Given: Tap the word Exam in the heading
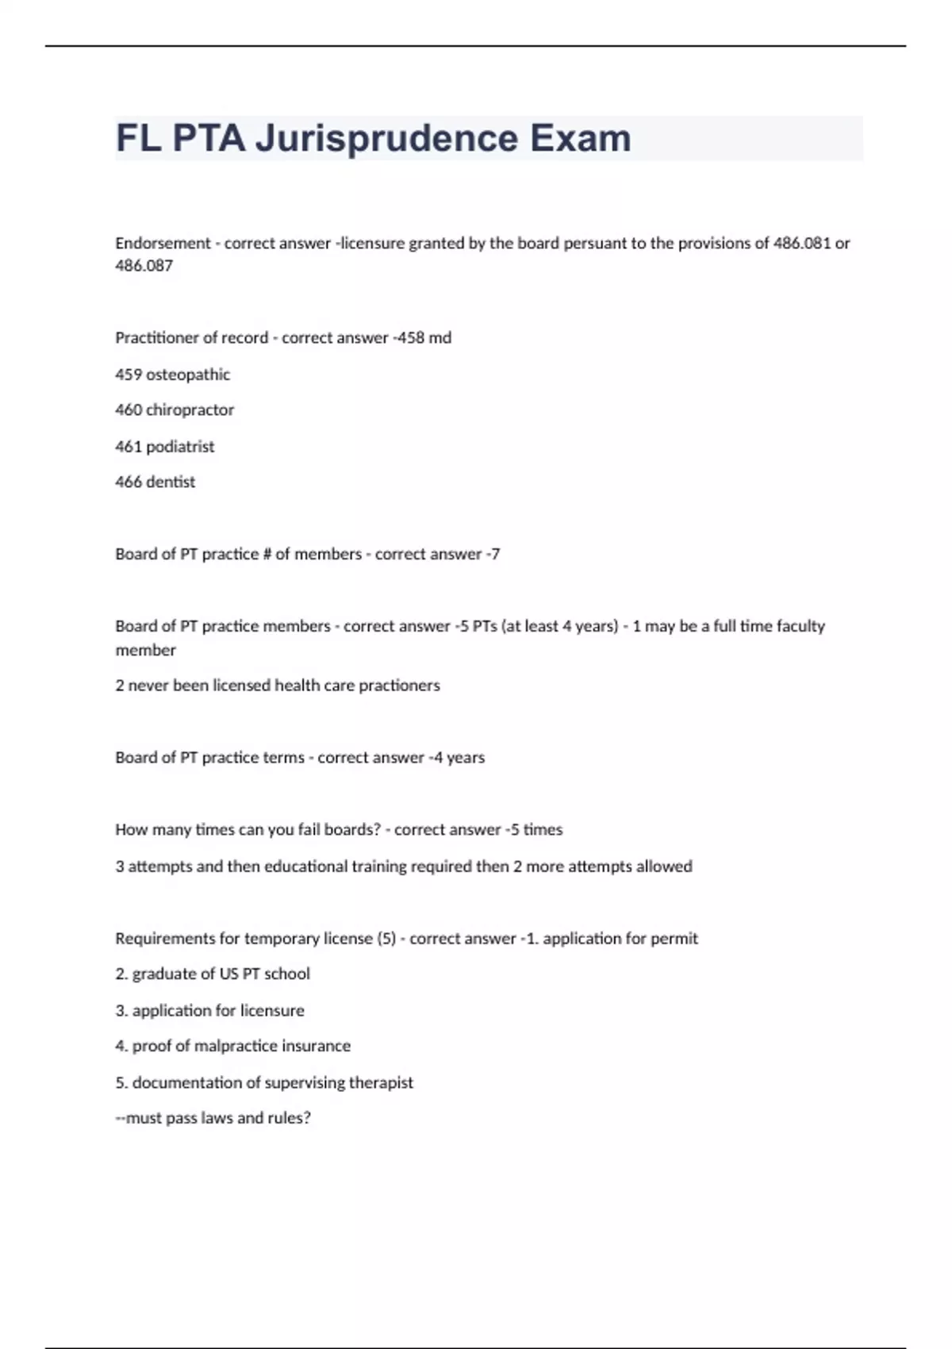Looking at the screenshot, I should pos(581,139).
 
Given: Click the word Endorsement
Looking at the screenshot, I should pos(163,244).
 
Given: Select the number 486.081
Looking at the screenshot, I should pos(801,244).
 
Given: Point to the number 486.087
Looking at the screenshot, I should pos(144,266).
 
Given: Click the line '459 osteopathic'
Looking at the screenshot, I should pos(172,375).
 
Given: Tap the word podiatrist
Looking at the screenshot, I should pos(180,447).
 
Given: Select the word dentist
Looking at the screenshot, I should pos(171,482).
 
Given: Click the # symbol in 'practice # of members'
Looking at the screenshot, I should pos(267,555).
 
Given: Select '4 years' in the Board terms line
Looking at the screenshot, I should pos(459,758).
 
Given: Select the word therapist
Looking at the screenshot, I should pos(381,1083).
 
